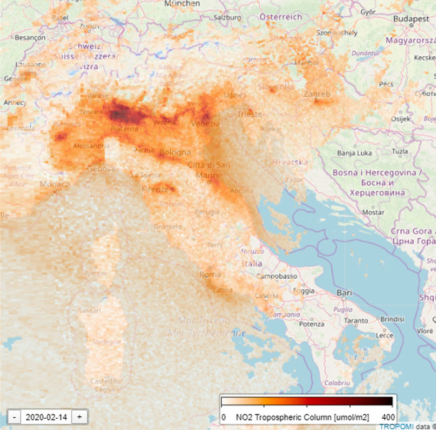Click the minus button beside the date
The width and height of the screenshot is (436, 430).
[x=13, y=417]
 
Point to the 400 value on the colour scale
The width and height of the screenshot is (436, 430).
[x=387, y=416]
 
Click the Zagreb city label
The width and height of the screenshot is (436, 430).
[x=316, y=94]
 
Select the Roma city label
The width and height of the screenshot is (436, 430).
[x=210, y=274]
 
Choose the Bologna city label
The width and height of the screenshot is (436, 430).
[x=174, y=152]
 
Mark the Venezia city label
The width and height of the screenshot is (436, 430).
[x=205, y=123]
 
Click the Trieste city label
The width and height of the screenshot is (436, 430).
[x=249, y=114]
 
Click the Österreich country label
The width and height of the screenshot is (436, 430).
[x=280, y=16]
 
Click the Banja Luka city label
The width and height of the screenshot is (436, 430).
[x=354, y=152]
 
